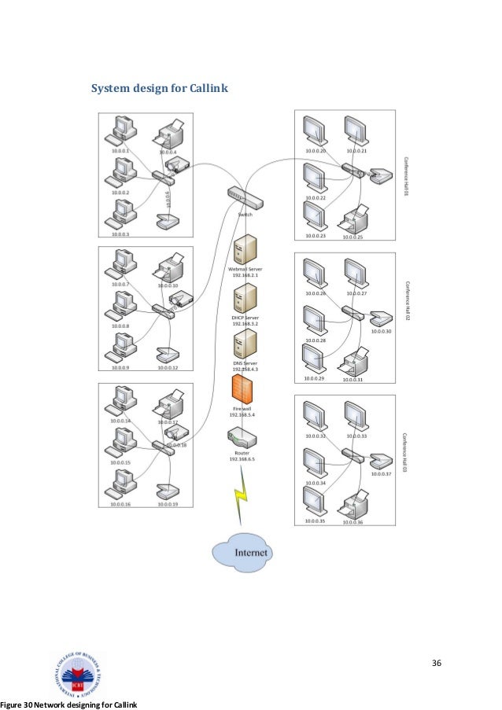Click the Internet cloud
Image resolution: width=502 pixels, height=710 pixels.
click(241, 552)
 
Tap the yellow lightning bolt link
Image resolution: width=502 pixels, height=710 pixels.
click(240, 499)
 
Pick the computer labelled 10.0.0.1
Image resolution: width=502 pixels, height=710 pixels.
click(124, 130)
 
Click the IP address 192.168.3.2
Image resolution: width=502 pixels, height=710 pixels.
click(245, 323)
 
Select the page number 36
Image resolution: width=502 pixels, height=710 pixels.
click(437, 664)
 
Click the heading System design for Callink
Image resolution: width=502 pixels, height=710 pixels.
click(160, 88)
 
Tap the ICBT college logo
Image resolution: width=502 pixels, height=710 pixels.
click(76, 674)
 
